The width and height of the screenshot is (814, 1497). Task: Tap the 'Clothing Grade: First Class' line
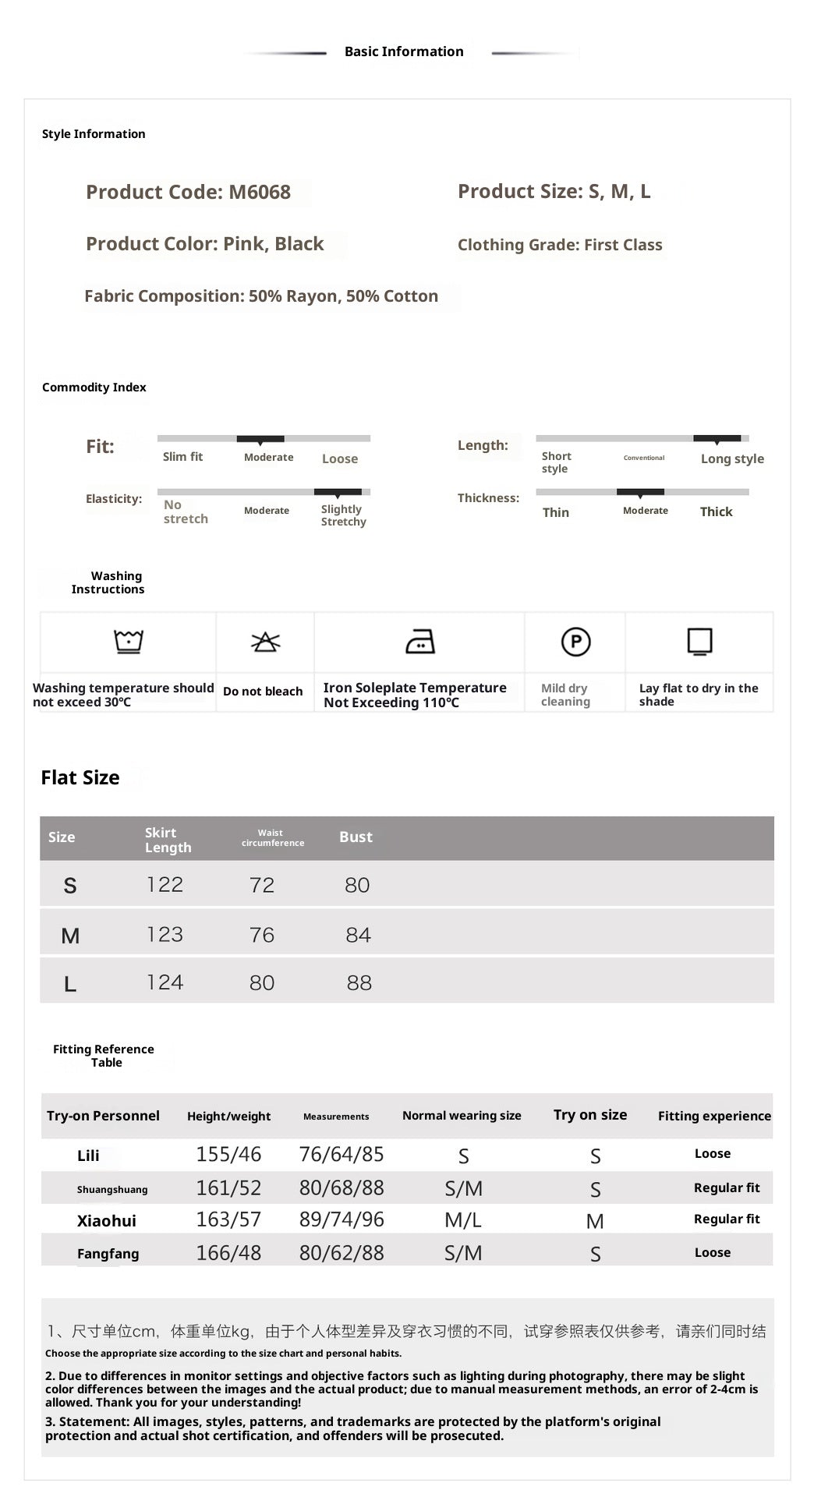pyautogui.click(x=560, y=245)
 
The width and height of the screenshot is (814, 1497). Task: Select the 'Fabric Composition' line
pyautogui.click(x=261, y=296)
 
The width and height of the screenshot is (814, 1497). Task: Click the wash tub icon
pyautogui.click(x=129, y=642)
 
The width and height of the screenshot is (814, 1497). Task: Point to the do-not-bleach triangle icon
pyautogui.click(x=265, y=642)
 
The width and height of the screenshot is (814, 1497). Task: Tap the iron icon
pyautogui.click(x=420, y=642)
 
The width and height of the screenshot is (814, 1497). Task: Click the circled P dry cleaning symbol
pyautogui.click(x=575, y=642)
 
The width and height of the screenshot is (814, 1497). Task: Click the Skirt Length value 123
pyautogui.click(x=165, y=934)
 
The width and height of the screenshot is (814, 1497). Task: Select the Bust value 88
pyautogui.click(x=359, y=982)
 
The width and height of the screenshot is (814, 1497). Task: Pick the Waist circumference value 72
pyautogui.click(x=262, y=885)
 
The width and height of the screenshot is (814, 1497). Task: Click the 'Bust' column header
pyautogui.click(x=356, y=837)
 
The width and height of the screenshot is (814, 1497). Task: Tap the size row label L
pyautogui.click(x=70, y=984)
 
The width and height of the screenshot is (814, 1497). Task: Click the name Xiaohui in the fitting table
pyautogui.click(x=107, y=1221)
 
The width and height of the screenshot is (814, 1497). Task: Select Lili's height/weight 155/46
pyautogui.click(x=228, y=1154)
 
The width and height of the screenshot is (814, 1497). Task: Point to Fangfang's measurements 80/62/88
pyautogui.click(x=342, y=1253)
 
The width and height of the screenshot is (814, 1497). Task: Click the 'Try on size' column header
pyautogui.click(x=590, y=1115)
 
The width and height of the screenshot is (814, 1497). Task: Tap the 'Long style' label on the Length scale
pyautogui.click(x=732, y=458)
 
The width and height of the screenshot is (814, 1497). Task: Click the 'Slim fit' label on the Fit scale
pyautogui.click(x=182, y=457)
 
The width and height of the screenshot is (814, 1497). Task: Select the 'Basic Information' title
pyautogui.click(x=404, y=51)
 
